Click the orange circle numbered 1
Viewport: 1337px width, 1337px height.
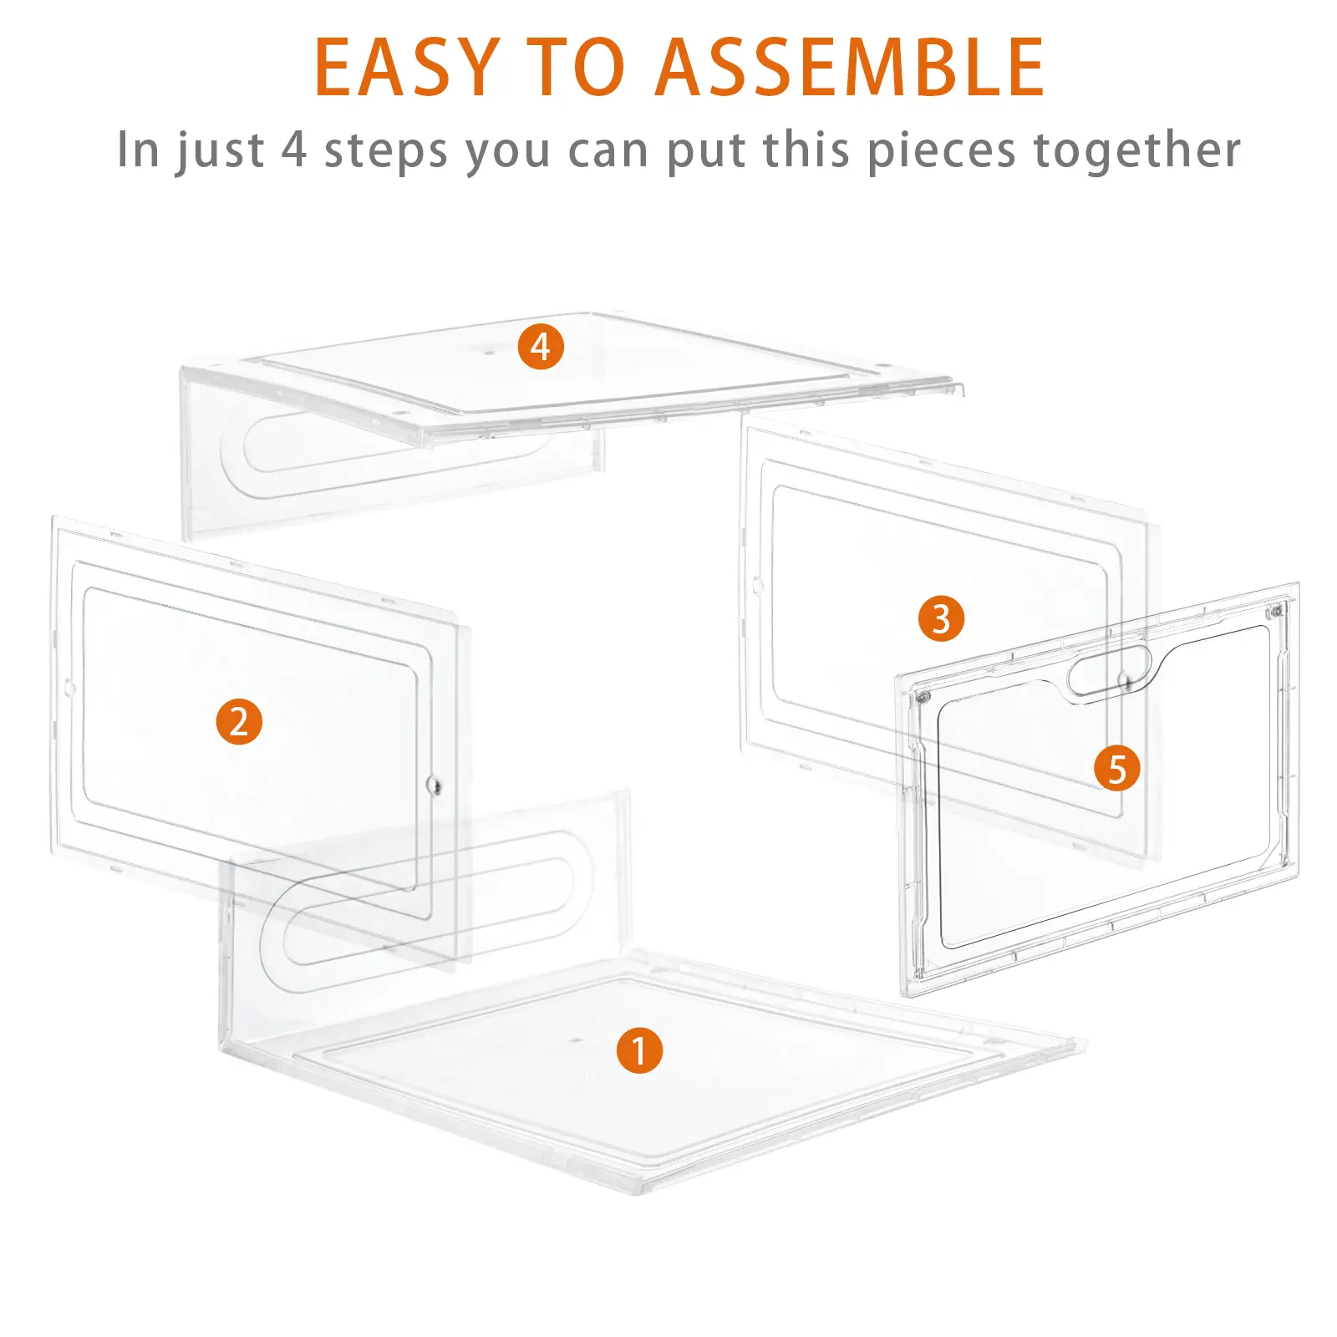639,1050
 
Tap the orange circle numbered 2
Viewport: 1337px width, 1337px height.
239,722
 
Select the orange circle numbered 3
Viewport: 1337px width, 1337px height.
941,619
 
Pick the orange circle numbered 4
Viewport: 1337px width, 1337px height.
541,347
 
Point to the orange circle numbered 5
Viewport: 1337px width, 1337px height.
1117,769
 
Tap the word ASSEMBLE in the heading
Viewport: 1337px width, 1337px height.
849,68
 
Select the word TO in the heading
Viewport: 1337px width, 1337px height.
577,68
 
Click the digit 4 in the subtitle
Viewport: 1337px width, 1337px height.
294,150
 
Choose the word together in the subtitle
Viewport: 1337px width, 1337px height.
1136,151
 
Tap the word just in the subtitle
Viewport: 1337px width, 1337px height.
220,152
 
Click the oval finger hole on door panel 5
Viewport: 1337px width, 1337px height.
1110,671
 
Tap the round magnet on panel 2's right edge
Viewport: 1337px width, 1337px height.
434,785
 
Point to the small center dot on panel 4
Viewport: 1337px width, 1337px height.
490,352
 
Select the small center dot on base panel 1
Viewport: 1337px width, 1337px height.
576,1041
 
